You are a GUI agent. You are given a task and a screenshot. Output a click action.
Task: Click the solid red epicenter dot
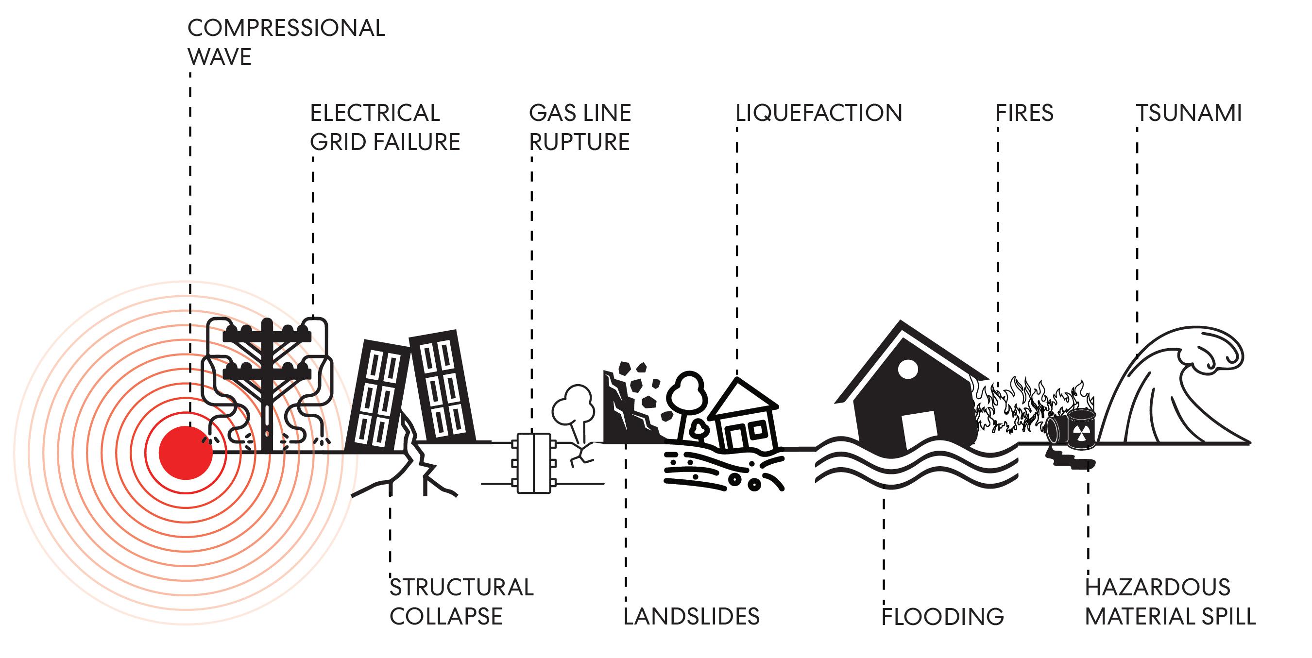point(186,453)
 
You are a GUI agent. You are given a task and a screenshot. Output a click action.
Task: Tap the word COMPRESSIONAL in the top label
point(286,28)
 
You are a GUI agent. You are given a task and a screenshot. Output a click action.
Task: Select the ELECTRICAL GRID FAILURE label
point(385,127)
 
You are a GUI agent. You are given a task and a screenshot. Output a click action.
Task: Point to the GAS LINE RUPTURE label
point(579,127)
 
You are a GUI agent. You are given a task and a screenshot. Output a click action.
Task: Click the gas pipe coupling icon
point(533,462)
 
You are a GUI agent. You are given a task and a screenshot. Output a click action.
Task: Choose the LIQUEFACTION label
point(818,113)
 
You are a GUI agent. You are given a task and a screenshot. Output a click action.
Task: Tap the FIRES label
point(1024,113)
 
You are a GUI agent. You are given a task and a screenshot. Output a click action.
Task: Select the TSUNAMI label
point(1189,113)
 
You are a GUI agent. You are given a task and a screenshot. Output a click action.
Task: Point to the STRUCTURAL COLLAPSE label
point(461,602)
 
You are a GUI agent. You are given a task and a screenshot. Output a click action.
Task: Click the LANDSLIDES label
point(691,616)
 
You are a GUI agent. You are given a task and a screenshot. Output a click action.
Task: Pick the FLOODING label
point(942,616)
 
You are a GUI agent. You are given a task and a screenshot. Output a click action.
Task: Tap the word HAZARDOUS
point(1157,587)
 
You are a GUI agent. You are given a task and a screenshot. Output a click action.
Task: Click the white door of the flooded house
point(920,430)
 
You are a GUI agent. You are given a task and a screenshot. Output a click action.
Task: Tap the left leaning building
point(378,397)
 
